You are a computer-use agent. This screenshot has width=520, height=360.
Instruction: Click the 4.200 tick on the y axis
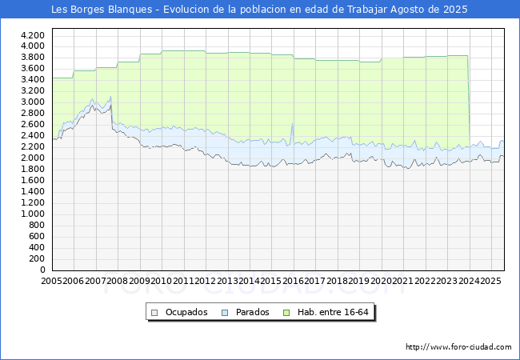33,35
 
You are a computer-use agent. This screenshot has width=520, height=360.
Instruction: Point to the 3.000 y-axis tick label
33,102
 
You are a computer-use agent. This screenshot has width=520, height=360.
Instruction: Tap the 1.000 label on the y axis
33,214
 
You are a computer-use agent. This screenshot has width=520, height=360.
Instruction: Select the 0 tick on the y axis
42,270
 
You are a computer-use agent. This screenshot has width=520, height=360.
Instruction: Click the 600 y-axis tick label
37,236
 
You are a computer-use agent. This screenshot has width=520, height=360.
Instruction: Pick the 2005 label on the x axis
51,281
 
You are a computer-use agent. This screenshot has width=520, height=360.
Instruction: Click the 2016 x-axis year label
293,281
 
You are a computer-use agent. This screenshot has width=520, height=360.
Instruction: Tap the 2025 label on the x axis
491,281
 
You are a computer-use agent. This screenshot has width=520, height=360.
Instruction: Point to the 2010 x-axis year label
162,281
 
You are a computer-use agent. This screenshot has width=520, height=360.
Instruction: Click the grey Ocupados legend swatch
154,313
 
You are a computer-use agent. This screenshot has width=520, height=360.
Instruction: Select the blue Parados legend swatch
225,313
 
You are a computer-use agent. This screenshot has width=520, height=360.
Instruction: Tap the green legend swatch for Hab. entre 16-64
286,313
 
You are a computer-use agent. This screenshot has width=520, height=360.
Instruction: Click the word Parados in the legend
252,312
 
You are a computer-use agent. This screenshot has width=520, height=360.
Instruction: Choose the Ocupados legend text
186,312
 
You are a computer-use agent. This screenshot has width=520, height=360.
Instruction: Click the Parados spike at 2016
292,124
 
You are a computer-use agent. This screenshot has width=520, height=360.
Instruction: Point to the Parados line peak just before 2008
110,97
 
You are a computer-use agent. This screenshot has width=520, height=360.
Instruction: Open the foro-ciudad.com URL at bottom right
458,346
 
